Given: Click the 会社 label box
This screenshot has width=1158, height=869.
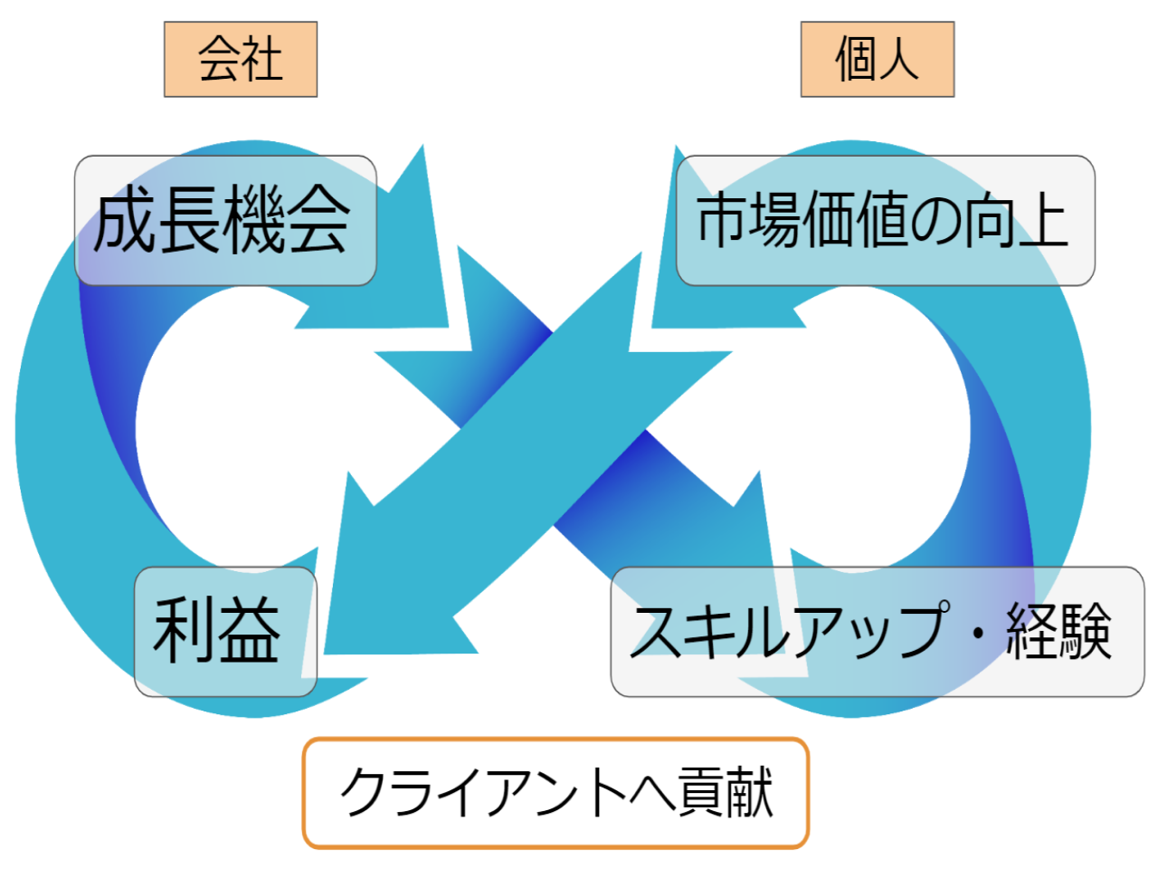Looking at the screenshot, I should coord(241,60).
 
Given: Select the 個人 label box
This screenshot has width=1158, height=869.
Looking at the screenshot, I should coord(877,60).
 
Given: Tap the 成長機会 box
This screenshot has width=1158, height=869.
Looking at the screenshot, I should coord(225,221).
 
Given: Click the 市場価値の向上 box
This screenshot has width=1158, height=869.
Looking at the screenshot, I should coord(885,221).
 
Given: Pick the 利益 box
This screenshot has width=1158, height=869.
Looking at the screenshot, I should coord(225,632).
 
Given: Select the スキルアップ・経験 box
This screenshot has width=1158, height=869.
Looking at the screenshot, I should coord(877,632).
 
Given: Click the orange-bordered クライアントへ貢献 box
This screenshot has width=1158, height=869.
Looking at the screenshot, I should coord(555,793).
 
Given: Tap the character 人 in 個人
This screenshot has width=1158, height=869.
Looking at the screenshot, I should coord(898,60).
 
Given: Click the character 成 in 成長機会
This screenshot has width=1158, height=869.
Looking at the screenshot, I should coord(126,221).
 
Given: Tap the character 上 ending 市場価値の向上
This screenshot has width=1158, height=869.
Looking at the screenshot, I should coord(1042,221).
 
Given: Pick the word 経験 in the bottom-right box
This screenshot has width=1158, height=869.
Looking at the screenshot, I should coord(1059,632).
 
